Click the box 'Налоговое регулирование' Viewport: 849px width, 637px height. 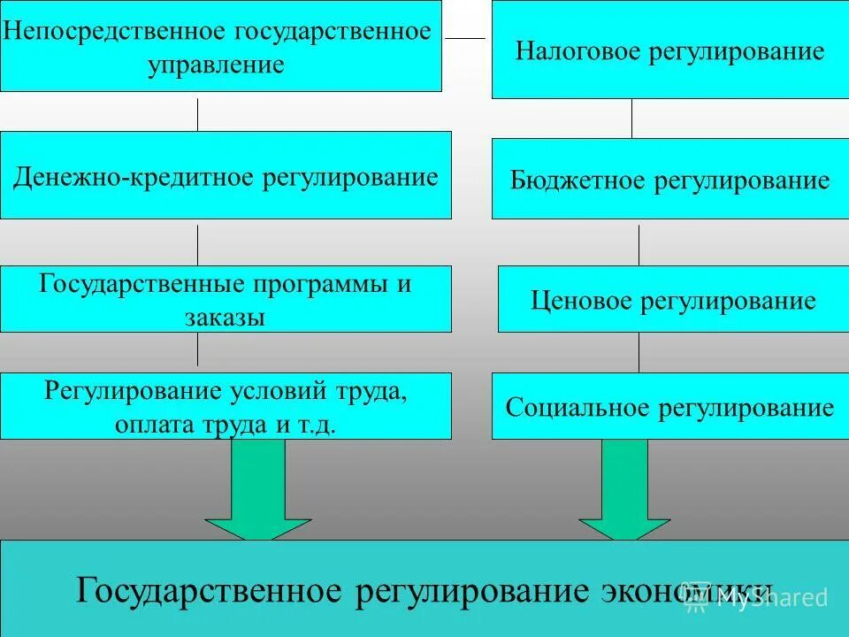tap(669, 50)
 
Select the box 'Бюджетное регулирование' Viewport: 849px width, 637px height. tap(669, 181)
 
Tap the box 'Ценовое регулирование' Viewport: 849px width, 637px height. tap(673, 301)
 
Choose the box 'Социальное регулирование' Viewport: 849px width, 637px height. tap(669, 408)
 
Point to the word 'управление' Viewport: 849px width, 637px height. tap(217, 65)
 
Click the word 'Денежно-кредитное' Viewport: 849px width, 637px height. tap(134, 177)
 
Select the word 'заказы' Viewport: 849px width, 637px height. tap(225, 317)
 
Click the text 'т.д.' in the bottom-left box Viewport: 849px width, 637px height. tap(318, 424)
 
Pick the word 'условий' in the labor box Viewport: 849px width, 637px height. tap(280, 391)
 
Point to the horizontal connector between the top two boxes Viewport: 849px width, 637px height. tap(465, 38)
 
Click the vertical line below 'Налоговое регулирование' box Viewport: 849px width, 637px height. tap(631, 118)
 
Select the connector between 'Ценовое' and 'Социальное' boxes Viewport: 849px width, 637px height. tap(639, 352)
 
